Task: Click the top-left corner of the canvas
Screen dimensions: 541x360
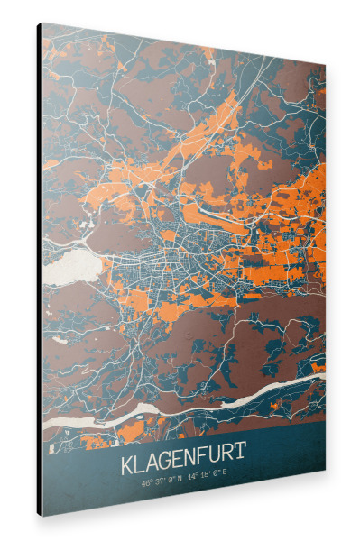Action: (x=42, y=23)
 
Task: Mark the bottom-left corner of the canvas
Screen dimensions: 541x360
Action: (x=42, y=516)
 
